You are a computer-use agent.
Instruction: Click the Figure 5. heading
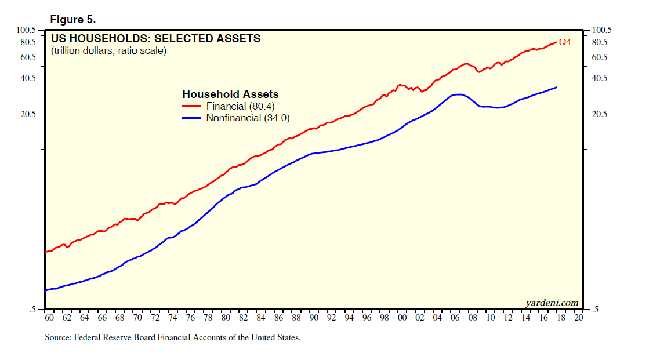click(72, 19)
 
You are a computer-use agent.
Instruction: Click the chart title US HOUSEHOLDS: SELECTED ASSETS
click(155, 39)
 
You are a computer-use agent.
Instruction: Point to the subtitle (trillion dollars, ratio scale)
click(108, 51)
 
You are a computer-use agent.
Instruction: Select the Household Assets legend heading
click(230, 94)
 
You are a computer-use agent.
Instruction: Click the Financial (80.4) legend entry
click(235, 106)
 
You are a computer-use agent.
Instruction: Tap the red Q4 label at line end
click(565, 42)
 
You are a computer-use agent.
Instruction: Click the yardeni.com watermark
click(552, 303)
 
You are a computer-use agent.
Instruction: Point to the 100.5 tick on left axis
click(27, 30)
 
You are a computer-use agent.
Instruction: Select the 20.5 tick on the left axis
click(28, 114)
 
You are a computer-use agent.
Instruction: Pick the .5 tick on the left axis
click(33, 310)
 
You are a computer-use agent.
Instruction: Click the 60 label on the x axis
click(49, 318)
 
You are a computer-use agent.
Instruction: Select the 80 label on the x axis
click(226, 318)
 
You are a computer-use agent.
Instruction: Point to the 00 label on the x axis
click(402, 318)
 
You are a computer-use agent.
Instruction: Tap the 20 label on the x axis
click(578, 318)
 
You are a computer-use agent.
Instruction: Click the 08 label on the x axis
click(473, 318)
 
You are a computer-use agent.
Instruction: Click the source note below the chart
click(172, 337)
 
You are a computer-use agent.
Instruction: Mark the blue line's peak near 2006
click(459, 94)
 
